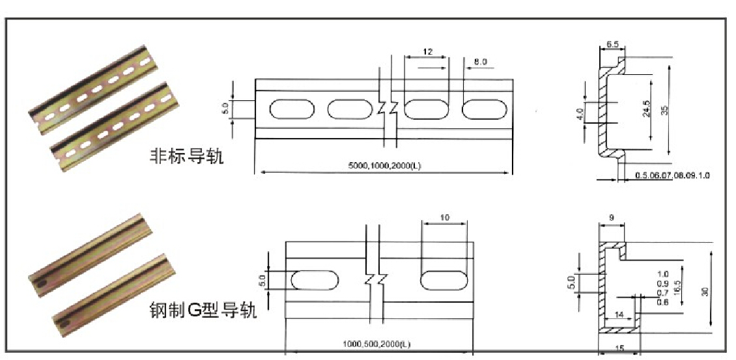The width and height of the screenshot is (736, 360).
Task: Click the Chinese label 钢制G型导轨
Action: (203, 309)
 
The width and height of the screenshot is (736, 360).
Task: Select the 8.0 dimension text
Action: (481, 62)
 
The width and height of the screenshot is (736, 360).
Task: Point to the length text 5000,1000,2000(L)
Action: (384, 166)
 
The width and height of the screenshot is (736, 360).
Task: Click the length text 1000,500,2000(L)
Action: (377, 344)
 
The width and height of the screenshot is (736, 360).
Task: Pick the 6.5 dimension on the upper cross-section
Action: (612, 45)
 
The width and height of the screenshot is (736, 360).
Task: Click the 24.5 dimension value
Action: (645, 109)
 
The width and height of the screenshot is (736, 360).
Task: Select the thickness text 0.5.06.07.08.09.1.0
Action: (672, 176)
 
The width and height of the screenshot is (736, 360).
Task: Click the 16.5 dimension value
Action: (677, 288)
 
